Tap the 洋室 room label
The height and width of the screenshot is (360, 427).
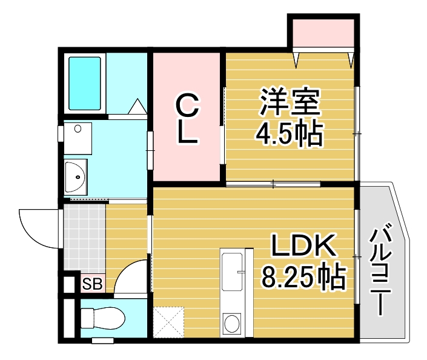pos(290,102)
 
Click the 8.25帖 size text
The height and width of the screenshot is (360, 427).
pos(303,278)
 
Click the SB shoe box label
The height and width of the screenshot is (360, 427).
pos(93,283)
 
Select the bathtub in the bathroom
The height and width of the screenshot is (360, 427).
pos(85,84)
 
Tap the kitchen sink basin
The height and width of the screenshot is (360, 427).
pos(233,271)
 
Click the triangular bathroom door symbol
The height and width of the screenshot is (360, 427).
pos(137,107)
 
